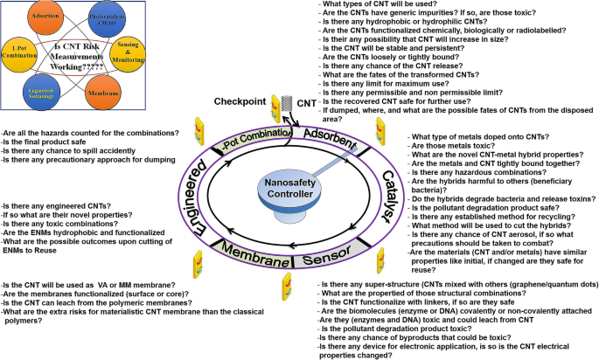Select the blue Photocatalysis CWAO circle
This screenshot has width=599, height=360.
(x=103, y=17)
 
